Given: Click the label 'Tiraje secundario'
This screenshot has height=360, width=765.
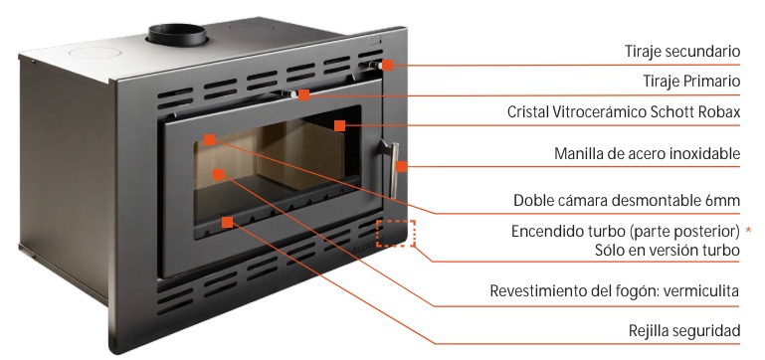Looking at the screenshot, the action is (682, 52).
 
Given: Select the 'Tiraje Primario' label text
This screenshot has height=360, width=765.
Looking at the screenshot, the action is (691, 82).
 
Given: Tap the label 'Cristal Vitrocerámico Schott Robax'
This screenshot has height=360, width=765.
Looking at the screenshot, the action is (624, 111).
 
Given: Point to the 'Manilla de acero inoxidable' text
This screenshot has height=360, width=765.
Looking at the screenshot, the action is (648, 154).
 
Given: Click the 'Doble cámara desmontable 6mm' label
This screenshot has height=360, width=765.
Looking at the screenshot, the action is (627, 200).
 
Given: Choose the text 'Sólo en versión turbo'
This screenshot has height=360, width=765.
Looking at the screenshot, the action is (668, 251).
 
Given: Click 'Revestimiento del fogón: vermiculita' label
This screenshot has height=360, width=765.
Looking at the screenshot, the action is (615, 291).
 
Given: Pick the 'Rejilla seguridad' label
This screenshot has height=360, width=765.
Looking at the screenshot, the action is (684, 331).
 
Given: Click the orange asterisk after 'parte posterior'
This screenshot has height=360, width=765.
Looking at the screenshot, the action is (749, 230).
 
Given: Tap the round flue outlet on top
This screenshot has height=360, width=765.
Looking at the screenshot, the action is (178, 34).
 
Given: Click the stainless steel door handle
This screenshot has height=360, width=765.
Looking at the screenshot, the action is (392, 168).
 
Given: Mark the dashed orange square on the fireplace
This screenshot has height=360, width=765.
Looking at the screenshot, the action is (396, 234).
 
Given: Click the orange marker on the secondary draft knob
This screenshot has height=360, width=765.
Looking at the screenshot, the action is (388, 65).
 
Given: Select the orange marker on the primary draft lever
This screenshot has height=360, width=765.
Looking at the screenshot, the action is (304, 95).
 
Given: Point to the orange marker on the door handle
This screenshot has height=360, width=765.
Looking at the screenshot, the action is (402, 166).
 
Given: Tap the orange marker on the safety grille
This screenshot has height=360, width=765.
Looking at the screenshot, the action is (227, 223).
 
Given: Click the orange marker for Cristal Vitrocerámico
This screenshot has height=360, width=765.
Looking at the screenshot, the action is (340, 125).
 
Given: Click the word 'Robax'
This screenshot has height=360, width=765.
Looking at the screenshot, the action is (719, 111).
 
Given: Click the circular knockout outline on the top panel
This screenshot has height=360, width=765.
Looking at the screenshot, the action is (96, 52).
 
